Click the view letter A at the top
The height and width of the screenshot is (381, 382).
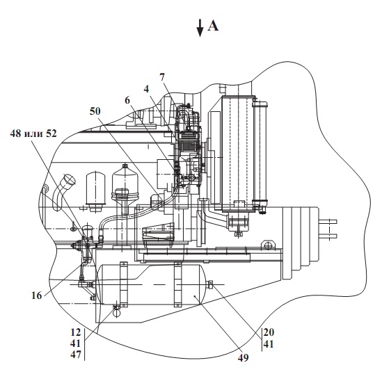tap(213, 26)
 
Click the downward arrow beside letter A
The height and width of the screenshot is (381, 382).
tap(200, 28)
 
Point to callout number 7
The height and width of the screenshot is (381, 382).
tap(162, 77)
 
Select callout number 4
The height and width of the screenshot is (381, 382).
tap(146, 89)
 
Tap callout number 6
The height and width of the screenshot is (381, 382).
tap(127, 100)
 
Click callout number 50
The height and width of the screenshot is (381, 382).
tap(95, 111)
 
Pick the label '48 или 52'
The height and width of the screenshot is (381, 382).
tap(33, 133)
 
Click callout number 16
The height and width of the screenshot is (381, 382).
tap(37, 295)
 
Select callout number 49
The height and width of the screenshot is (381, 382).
tap(243, 358)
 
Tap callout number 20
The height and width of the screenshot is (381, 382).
tap(269, 332)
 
